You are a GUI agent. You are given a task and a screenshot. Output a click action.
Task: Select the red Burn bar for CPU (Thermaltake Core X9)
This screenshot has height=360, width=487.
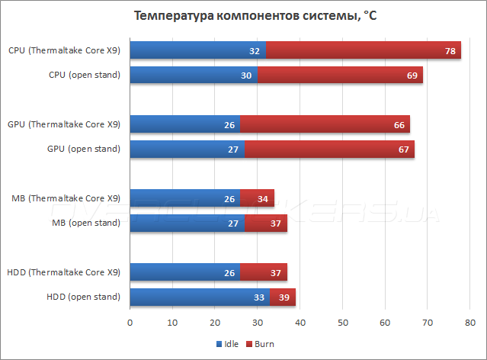click(364, 50)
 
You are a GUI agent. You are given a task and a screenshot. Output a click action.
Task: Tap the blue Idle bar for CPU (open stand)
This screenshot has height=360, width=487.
click(193, 75)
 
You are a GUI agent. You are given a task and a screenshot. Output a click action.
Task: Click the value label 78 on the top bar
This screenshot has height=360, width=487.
click(450, 51)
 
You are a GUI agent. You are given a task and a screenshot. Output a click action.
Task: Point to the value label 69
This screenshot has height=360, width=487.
click(412, 75)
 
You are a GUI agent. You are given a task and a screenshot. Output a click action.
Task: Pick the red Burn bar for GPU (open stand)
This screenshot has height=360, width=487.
click(329, 149)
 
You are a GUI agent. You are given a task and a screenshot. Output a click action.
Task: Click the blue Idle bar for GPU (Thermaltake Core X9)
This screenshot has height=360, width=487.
click(185, 124)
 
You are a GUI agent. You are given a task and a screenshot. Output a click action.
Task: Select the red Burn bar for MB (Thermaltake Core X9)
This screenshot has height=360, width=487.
click(257, 198)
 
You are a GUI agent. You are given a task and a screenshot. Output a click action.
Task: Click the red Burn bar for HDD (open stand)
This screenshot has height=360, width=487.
click(282, 297)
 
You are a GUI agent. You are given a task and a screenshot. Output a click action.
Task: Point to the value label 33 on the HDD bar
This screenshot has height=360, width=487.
click(259, 297)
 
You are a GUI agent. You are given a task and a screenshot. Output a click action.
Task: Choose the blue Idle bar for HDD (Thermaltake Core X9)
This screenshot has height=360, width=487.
click(185, 272)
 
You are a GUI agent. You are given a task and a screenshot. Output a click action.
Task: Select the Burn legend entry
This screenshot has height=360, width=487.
click(260, 344)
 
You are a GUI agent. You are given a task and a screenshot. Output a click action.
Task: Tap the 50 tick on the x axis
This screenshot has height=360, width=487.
click(342, 323)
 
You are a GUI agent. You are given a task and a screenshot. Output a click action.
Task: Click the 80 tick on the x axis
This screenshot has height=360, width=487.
click(470, 323)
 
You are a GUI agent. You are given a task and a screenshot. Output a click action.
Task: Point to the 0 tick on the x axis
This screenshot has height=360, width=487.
click(130, 323)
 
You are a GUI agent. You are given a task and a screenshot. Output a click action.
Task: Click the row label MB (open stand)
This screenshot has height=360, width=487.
click(86, 223)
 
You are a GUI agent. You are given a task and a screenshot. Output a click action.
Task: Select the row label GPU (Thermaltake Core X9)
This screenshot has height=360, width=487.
click(64, 124)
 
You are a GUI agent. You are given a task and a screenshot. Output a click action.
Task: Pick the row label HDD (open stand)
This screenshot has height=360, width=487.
click(84, 297)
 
